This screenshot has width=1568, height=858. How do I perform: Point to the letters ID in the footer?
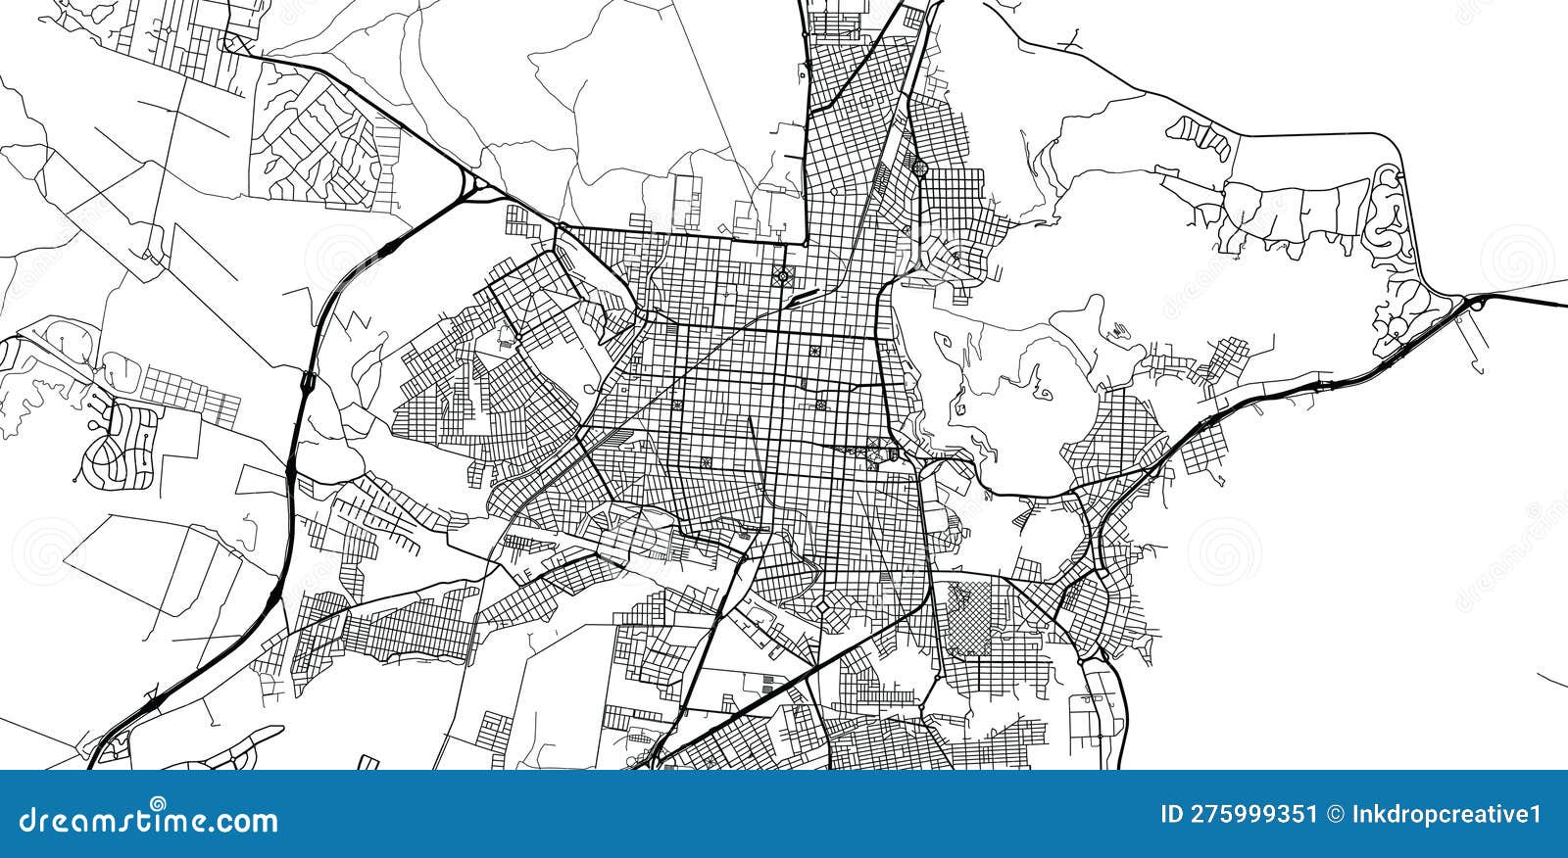pyautogui.click(x=1172, y=815)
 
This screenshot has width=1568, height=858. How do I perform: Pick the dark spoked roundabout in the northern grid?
pyautogui.click(x=783, y=276)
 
